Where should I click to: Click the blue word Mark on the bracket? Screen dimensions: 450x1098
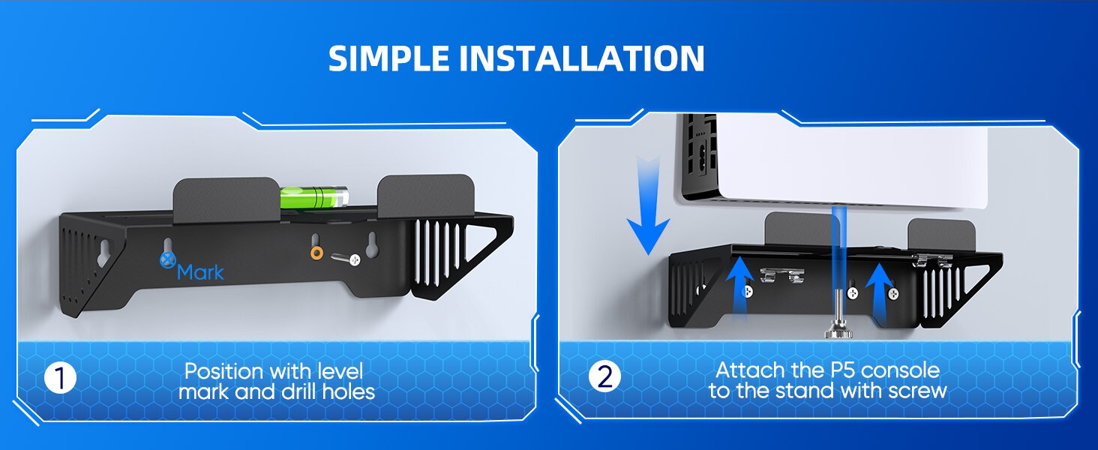tap(200, 271)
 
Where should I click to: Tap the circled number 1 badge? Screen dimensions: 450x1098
tap(61, 378)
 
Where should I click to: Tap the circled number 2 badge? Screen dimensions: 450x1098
tap(604, 376)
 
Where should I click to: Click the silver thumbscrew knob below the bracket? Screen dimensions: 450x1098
tap(835, 328)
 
